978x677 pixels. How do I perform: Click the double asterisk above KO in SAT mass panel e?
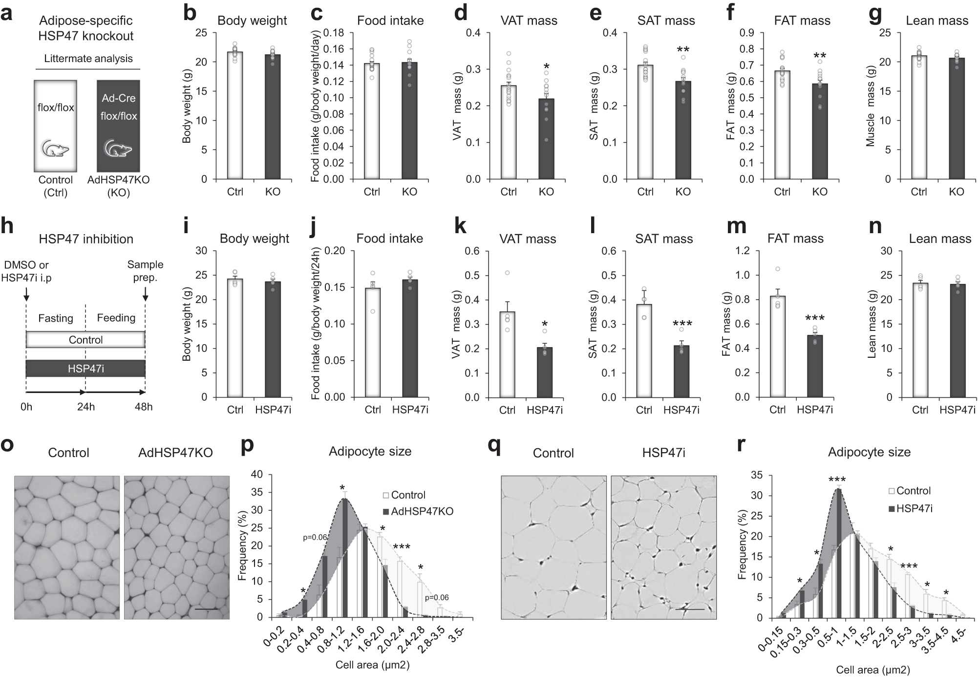[683, 50]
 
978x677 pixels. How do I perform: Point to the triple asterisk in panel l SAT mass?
[681, 324]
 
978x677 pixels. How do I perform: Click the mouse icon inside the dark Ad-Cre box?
[119, 148]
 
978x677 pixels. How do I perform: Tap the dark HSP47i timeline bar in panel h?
[85, 369]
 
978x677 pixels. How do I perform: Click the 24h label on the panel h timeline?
[85, 407]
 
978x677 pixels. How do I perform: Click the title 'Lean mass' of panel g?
[936, 21]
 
